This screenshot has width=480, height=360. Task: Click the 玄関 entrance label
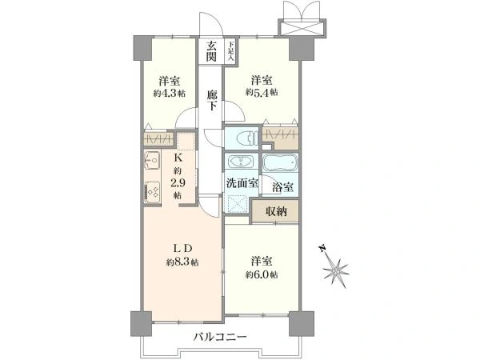coord(211,51)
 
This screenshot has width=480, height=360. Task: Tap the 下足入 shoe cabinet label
coord(230,51)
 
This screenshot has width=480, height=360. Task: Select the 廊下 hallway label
coord(211,100)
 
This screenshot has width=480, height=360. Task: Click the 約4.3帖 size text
coord(170,94)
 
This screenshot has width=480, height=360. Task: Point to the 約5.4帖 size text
coord(262,92)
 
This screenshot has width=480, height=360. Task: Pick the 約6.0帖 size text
coord(262,275)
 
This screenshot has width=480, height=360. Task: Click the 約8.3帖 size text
coord(182,262)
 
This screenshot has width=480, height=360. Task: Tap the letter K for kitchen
coord(178,158)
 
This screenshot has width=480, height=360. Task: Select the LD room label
coord(182,249)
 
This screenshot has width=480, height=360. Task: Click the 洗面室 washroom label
coord(242,183)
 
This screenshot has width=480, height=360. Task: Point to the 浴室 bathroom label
coord(282,186)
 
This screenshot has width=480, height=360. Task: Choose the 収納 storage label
coord(276,211)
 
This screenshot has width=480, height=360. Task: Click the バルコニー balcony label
coord(220,338)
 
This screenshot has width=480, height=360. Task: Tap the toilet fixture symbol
coord(246,138)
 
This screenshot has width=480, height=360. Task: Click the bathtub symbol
coord(281,162)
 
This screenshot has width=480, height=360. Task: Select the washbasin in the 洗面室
coord(241,162)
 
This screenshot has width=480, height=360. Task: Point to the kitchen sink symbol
coord(152,161)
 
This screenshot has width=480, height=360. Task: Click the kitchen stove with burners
coord(152,192)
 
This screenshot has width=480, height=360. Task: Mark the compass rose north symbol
coord(335,269)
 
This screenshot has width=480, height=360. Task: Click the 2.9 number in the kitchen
coord(178,183)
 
